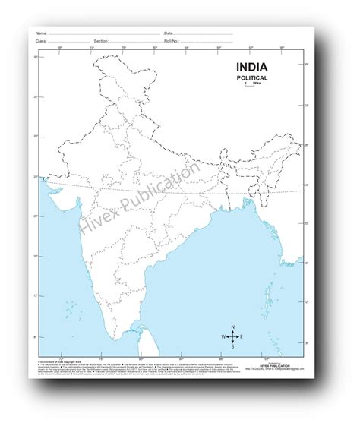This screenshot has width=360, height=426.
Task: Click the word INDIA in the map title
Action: pyautogui.click(x=255, y=69)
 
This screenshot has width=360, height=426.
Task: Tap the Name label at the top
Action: pyautogui.click(x=41, y=33)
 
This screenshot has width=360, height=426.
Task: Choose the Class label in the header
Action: pyautogui.click(x=41, y=41)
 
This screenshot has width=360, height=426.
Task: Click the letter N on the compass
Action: pyautogui.click(x=233, y=327)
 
